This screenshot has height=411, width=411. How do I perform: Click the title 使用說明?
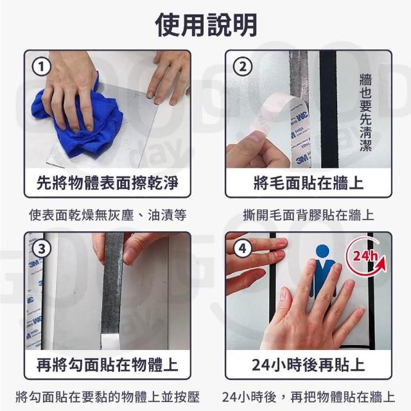click(206, 25)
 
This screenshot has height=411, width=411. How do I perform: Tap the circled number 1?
click(41, 67)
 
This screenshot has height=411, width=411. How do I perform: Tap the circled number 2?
click(243, 67)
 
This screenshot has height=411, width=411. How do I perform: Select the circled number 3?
click(41, 249)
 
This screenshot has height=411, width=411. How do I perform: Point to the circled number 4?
click(243, 248)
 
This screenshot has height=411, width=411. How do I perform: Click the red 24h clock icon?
click(367, 257)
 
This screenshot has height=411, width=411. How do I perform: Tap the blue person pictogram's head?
click(322, 252)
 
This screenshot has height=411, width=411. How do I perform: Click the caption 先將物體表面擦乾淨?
click(107, 182)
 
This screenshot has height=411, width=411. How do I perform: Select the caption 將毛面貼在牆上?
click(309, 182)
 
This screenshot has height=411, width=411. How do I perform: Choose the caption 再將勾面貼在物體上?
click(107, 364)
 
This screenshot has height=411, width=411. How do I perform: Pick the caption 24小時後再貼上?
click(308, 364)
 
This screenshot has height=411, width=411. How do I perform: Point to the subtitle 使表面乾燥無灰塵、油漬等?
click(108, 215)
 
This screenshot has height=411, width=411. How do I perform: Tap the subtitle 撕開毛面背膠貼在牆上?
click(308, 215)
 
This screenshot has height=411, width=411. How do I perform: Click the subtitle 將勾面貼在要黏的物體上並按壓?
click(108, 397)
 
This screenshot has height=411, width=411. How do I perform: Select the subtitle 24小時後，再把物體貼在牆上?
click(308, 397)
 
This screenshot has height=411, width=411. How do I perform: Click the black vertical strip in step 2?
click(329, 109)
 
